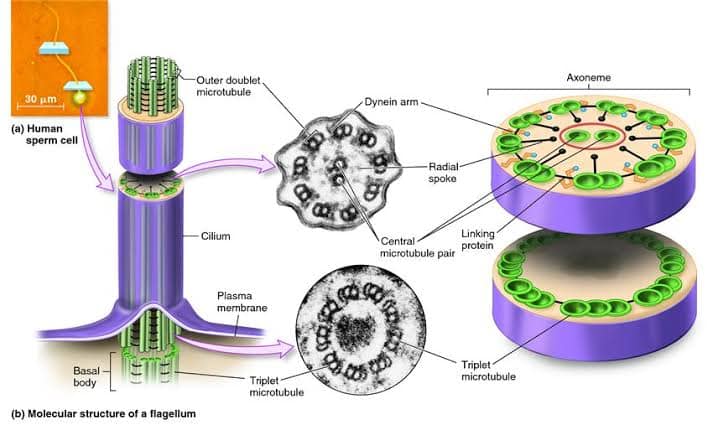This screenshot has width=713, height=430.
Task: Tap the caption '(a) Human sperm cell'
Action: pyautogui.click(x=36, y=136)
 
